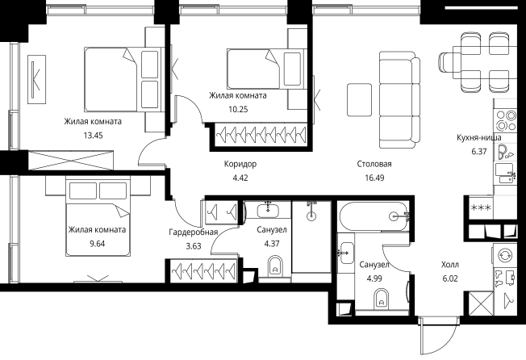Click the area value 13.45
pyautogui.click(x=94, y=136)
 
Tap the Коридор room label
pyautogui.click(x=240, y=164)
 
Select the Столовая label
pyautogui.click(x=374, y=164)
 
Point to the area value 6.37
pyautogui.click(x=479, y=151)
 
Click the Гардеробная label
pyautogui.click(x=194, y=232)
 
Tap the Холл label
pyautogui.click(x=450, y=265)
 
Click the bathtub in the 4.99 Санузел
pyautogui.click(x=374, y=216)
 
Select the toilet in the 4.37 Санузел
pyautogui.click(x=275, y=266)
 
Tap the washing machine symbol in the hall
pyautogui.click(x=504, y=255)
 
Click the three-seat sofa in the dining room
pyautogui.click(x=399, y=99)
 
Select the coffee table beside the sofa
pyautogui.click(x=359, y=100)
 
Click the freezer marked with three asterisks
pyautogui.click(x=481, y=207)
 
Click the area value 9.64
pyautogui.click(x=97, y=244)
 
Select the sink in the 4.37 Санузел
pyautogui.click(x=268, y=211)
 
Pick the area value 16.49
pyautogui.click(x=374, y=178)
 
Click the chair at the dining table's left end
pyautogui.click(x=445, y=62)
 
